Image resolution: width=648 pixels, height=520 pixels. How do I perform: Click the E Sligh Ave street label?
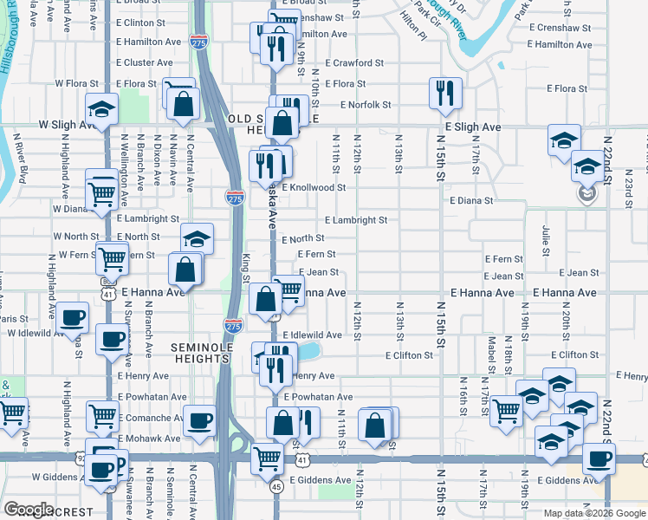[x=473, y=127]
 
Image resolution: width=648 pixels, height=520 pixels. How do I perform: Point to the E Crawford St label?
[x=354, y=63]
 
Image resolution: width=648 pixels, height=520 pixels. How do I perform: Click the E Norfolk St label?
[x=365, y=105]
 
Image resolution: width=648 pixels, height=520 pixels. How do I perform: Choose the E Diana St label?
[x=471, y=200]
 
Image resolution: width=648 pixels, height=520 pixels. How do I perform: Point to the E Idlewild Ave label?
[x=316, y=335]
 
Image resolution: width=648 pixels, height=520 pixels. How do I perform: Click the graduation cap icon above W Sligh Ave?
[x=101, y=110]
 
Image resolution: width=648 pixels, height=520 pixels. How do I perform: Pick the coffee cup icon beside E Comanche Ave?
[x=201, y=420]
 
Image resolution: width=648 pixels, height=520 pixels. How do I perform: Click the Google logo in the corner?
[x=29, y=510]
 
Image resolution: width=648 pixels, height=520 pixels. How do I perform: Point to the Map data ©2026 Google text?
[x=594, y=513]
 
